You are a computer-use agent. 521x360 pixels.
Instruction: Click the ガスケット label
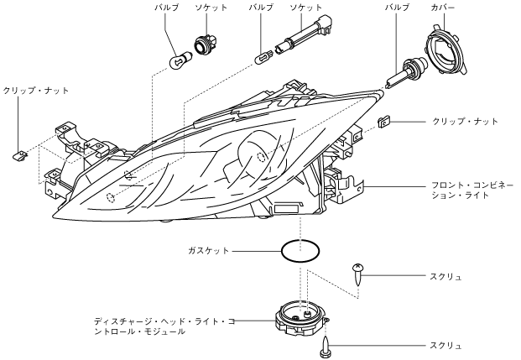pos(208,250)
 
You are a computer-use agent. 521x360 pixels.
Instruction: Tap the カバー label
pos(442,8)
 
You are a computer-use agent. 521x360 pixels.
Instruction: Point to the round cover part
pos(447,49)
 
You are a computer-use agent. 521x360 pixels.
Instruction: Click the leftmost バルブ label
pos(167,8)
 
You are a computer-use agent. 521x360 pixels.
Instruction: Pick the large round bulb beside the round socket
pos(180,60)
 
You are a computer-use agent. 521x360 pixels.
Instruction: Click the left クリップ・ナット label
pos(35,91)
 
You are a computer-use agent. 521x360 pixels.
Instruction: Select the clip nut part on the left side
pos(20,155)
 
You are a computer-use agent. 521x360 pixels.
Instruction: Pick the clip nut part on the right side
pos(383,122)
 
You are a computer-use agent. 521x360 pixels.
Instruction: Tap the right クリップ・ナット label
pos(465,122)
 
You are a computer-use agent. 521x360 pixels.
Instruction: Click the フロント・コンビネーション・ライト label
pos(472,190)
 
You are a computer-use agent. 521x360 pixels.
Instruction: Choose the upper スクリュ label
pos(445,277)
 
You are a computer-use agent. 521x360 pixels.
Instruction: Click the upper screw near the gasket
pos(357,274)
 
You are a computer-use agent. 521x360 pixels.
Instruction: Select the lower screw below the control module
pos(325,347)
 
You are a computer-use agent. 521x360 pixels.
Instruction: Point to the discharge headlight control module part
pos(300,318)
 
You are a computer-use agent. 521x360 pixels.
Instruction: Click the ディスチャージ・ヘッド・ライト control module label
pos(164,326)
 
